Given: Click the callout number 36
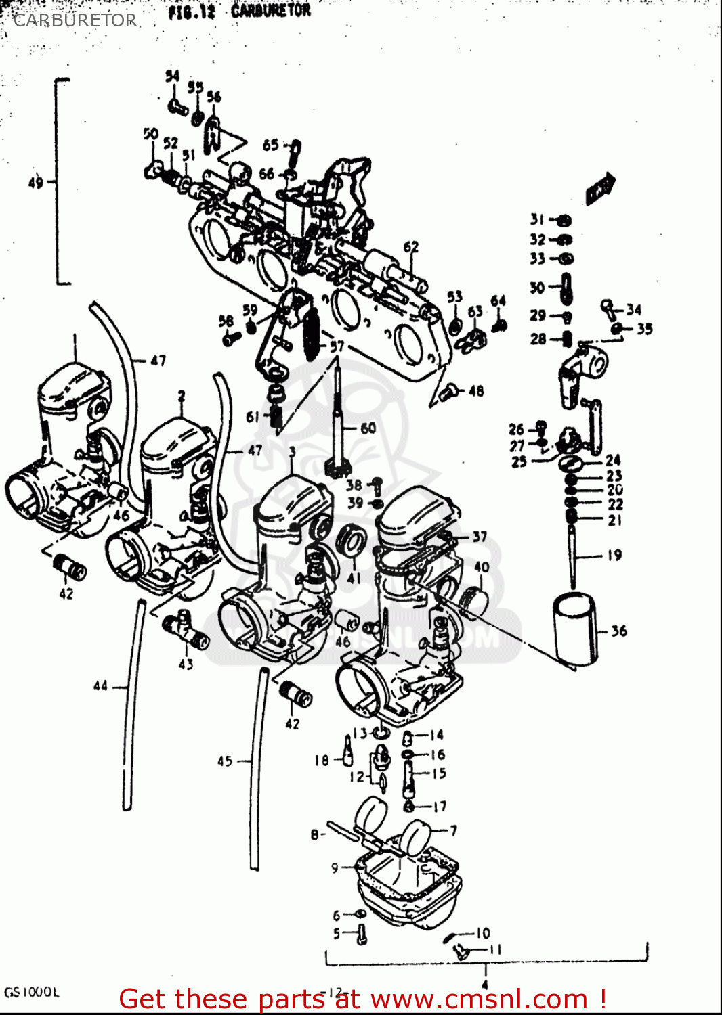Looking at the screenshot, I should pos(619,631).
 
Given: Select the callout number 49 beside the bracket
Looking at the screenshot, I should pos(35,182).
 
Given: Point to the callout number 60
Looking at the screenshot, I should pos(368,428).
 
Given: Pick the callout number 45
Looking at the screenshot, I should pos(225,761).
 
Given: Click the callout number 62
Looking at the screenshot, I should pos(411,247).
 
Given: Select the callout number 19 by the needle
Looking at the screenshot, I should pos(614,556).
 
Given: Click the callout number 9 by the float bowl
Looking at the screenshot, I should pos(335,867).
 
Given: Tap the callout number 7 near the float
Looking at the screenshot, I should pos(453,830).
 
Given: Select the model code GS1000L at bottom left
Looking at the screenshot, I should pos(32,993).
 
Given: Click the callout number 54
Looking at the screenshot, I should pos(173,76).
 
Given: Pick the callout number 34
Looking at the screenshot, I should pos(634,309).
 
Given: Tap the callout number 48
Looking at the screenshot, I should pos(476,390).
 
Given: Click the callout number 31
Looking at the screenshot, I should pos(537,219).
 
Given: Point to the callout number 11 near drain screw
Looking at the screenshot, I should pos(495,949).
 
